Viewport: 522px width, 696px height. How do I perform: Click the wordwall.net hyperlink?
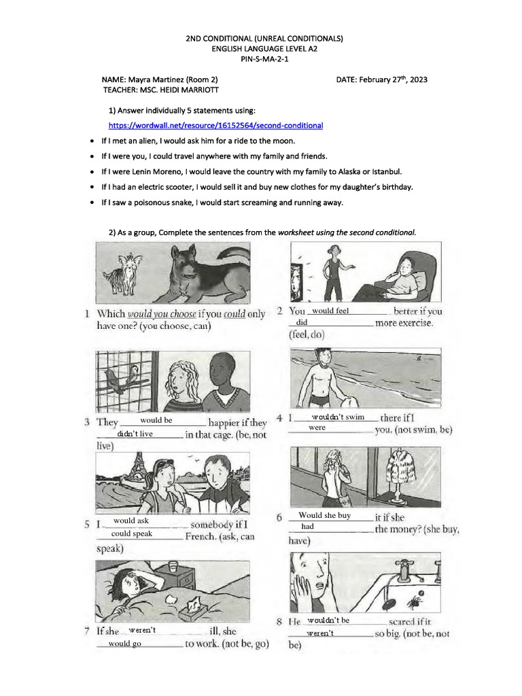tap(215, 126)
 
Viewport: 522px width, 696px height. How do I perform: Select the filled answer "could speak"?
tap(132, 534)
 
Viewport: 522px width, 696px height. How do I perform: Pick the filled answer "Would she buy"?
tap(324, 515)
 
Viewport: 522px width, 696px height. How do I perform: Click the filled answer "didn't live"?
tap(135, 434)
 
